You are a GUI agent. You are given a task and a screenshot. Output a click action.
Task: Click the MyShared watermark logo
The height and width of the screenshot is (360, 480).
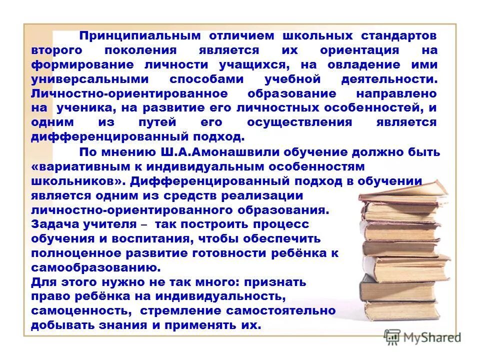(x=422, y=337)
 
